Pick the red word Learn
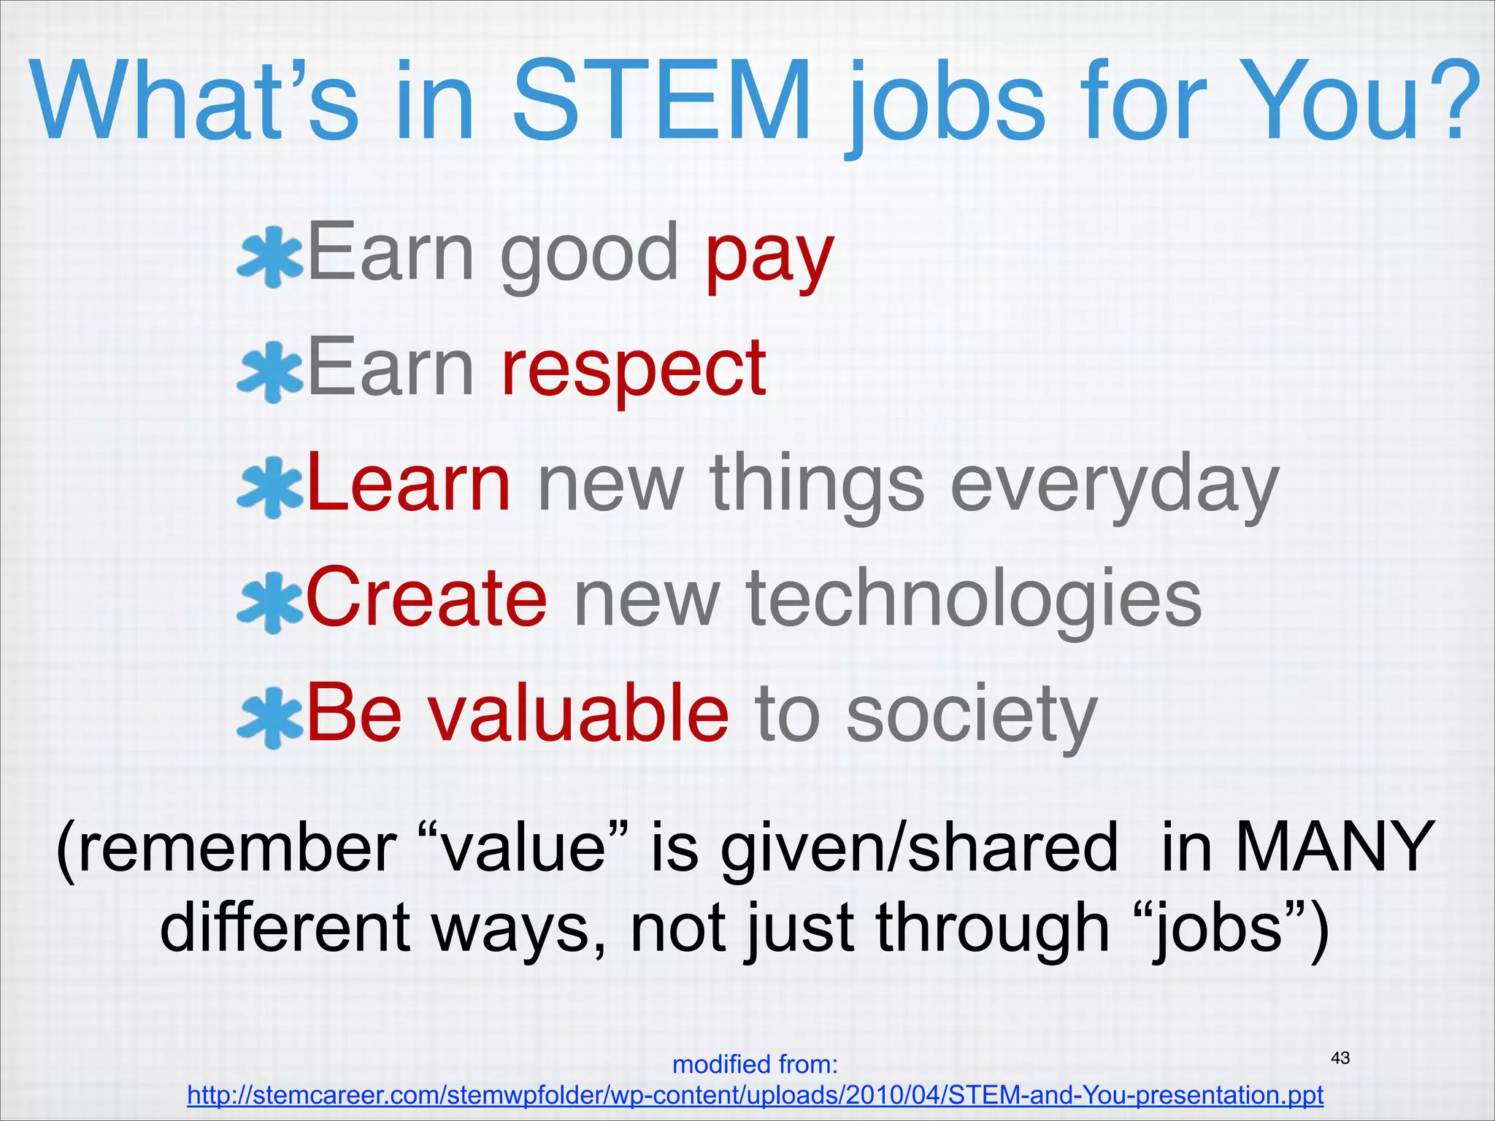408,483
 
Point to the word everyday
1114,488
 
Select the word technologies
973,602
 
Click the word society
971,717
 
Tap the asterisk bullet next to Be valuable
269,717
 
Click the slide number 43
1340,1058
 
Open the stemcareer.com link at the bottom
755,1095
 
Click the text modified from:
755,1065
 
